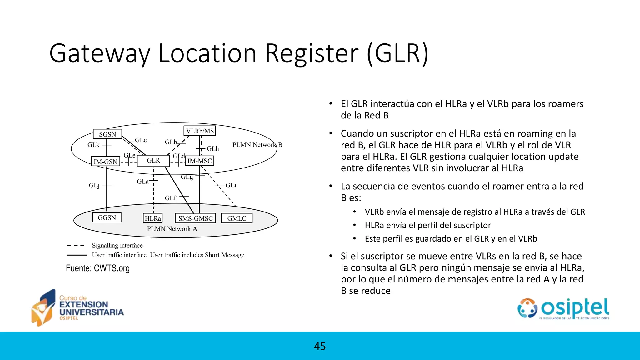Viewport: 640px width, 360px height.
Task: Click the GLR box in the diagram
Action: click(153, 161)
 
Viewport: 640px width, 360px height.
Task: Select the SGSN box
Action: click(107, 134)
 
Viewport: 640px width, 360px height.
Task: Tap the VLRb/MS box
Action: click(200, 131)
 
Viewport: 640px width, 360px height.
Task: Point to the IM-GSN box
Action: click(106, 162)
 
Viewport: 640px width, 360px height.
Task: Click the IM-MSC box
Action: click(200, 161)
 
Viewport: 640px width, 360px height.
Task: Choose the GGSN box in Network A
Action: click(107, 217)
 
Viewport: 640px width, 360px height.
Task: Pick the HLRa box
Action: click(153, 218)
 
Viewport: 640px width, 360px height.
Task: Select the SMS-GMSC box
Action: click(195, 218)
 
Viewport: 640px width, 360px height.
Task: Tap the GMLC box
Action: click(237, 218)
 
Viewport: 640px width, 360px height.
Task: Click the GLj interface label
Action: click(94, 186)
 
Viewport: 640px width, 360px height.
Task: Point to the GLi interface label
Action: click(231, 185)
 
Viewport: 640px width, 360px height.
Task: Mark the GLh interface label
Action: click(213, 149)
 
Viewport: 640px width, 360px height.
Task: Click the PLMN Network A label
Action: click(172, 229)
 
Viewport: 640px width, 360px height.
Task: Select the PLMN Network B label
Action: click(257, 145)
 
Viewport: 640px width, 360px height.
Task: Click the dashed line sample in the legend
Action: click(76, 246)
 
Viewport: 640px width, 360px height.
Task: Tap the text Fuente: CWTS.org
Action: click(98, 268)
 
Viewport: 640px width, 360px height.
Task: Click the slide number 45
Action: click(320, 346)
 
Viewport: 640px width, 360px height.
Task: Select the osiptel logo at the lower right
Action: click(563, 309)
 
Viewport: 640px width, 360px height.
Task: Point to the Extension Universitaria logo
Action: click(77, 308)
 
